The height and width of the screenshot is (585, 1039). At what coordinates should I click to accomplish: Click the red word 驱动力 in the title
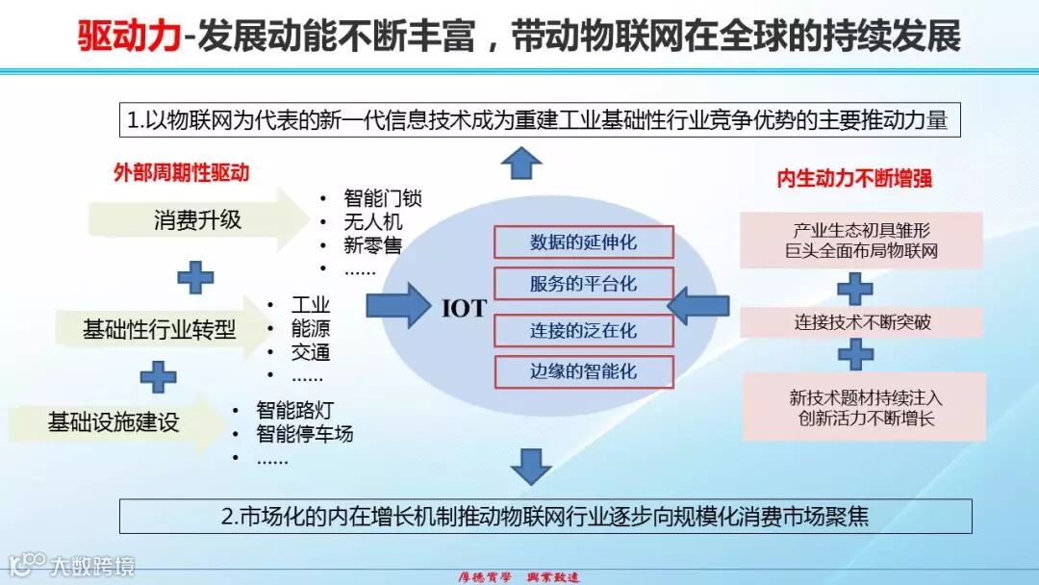point(130,37)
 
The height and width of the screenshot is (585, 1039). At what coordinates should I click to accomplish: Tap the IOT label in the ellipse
point(464,309)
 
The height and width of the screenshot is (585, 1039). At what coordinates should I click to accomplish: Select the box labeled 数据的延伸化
point(583,242)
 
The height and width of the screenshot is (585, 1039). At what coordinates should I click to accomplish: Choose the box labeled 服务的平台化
point(583,285)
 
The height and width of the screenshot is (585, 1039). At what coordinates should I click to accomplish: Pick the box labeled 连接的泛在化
point(583,330)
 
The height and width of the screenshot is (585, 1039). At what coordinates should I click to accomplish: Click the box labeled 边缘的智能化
point(583,372)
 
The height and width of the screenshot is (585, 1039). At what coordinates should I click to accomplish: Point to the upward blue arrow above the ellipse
point(522,163)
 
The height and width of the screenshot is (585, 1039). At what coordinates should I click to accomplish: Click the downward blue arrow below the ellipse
point(530,466)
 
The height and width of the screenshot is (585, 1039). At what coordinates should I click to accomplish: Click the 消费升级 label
point(197,220)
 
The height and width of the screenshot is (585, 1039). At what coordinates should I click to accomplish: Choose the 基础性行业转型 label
point(159,330)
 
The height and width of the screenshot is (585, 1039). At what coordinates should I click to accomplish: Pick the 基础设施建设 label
point(114,421)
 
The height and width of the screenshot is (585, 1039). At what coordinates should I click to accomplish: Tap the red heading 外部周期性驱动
point(181,173)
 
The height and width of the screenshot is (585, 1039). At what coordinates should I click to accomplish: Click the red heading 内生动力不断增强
point(854,179)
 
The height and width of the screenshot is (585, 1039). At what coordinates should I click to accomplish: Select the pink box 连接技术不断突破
point(862,322)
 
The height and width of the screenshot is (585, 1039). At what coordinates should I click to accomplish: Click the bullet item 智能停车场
point(304,434)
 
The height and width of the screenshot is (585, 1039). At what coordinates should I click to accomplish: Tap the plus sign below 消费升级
point(195,277)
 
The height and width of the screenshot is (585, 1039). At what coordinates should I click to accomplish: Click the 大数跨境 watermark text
point(92,566)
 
